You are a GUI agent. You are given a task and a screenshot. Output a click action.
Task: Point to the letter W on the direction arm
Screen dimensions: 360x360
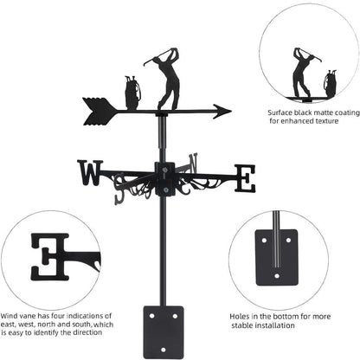click(90, 173)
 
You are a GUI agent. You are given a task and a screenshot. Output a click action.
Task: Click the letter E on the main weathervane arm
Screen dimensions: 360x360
click(246, 178)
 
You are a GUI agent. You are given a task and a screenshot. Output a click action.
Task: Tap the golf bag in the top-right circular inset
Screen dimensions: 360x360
click(331, 83)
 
